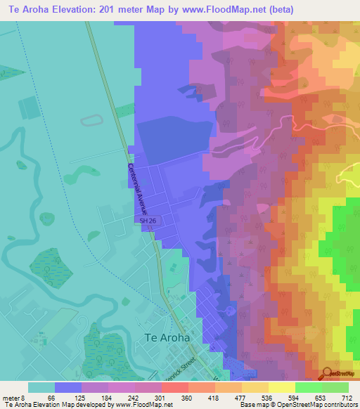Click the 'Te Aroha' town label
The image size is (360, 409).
click(x=167, y=337)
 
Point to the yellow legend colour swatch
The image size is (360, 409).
click(x=281, y=387)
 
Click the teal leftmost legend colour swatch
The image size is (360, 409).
click(x=41, y=387)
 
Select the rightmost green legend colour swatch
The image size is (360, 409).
click(x=335, y=387)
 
